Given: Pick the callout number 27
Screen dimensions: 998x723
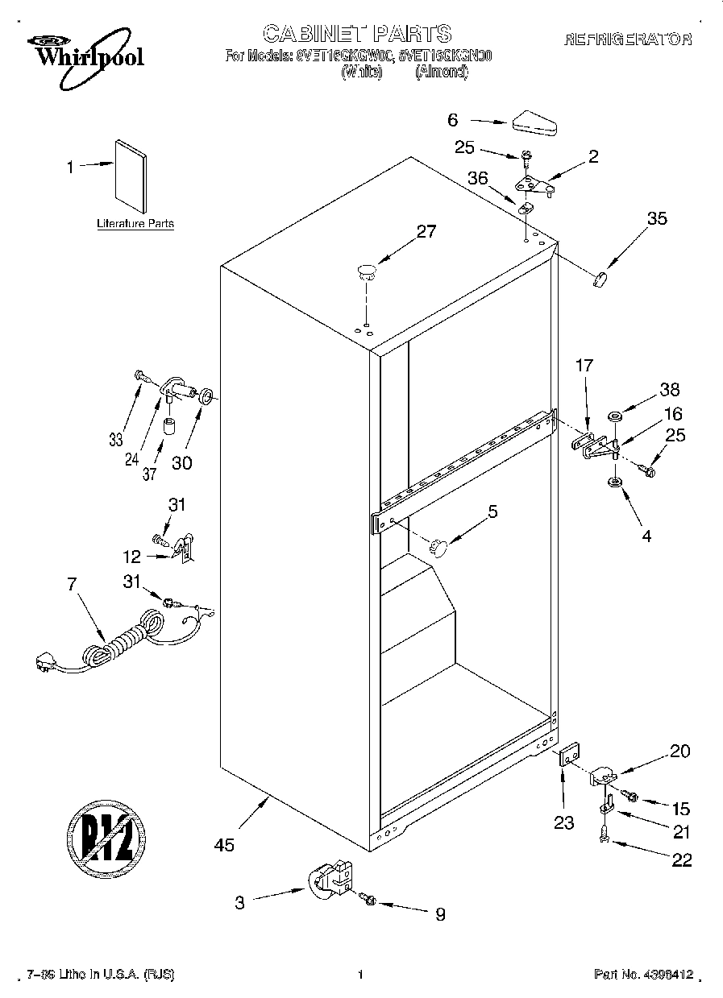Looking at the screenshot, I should (425, 232).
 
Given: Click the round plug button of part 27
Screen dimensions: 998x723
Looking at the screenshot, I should (367, 271).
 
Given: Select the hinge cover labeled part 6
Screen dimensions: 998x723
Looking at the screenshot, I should (534, 123).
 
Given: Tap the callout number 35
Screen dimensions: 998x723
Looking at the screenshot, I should (657, 217).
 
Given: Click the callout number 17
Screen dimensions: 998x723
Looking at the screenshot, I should (584, 366).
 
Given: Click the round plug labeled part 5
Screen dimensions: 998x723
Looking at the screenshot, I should (438, 547).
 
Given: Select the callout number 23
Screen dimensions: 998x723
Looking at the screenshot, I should (564, 822).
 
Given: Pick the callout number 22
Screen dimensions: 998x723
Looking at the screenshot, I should (682, 860).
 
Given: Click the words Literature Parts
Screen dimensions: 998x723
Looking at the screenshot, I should (135, 224).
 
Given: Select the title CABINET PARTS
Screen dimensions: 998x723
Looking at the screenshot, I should (357, 34).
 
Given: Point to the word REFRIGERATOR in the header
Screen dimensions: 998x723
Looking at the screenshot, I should (628, 39).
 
